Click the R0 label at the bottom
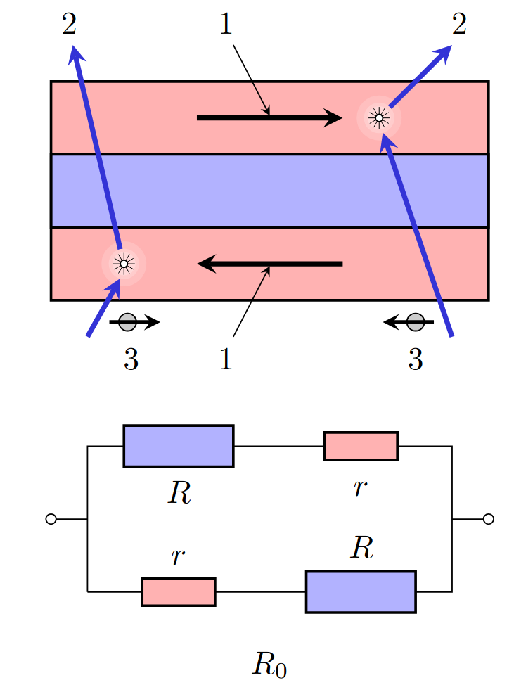269,665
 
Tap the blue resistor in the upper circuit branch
178,446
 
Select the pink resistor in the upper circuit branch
361,446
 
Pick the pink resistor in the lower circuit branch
178,592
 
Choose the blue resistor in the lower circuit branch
361,592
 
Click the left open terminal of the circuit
51,519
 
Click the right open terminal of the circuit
489,519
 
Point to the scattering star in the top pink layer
378,118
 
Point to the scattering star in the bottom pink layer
124,264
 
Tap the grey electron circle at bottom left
127,322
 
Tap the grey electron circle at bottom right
416,322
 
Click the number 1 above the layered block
225,24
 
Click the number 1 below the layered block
225,359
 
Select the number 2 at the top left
69,24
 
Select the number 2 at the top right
459,24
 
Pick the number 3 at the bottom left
131,359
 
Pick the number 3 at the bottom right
416,359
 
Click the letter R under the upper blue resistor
179,493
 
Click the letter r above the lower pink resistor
178,556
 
